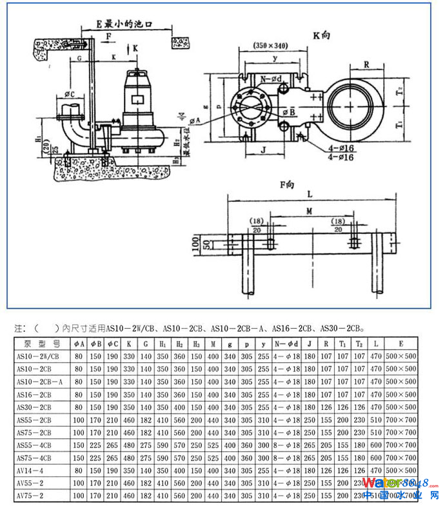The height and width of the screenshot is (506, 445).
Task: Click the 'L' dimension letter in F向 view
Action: coord(310,193)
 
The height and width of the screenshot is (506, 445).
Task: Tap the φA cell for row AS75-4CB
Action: coord(79,458)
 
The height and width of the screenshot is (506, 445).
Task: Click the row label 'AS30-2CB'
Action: coord(38,407)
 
